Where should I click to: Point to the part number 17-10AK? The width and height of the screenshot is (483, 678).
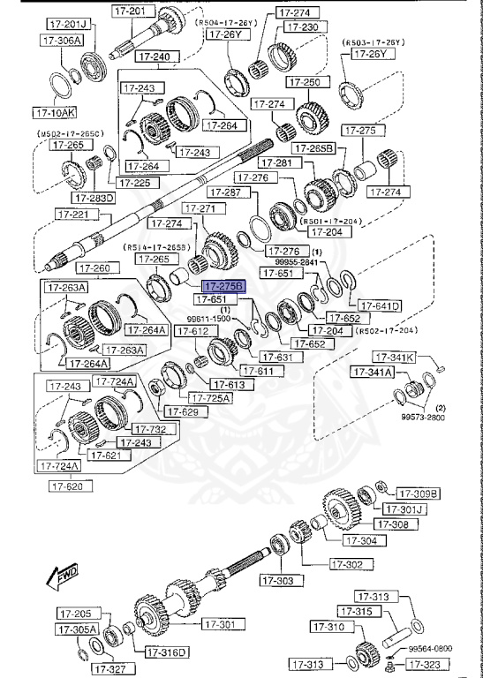pyautogui.click(x=56, y=113)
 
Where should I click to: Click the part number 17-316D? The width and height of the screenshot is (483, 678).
pyautogui.click(x=167, y=652)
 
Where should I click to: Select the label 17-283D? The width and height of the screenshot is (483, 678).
pyautogui.click(x=94, y=198)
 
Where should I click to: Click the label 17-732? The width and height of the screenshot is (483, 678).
pyautogui.click(x=177, y=429)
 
